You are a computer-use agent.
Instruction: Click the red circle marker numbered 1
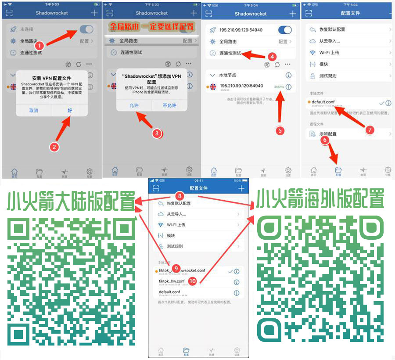click(39, 45)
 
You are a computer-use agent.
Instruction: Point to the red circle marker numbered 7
click(370, 130)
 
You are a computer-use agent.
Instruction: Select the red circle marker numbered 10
click(192, 280)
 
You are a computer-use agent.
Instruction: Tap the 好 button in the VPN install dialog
click(70, 111)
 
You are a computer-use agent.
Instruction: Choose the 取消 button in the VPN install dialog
click(34, 111)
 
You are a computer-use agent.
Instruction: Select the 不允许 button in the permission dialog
click(169, 106)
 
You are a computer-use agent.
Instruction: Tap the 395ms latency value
click(278, 87)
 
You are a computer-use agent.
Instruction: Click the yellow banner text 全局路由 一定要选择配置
click(151, 27)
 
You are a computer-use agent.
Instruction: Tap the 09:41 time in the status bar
click(198, 180)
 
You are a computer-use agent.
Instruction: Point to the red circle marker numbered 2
click(54, 147)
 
